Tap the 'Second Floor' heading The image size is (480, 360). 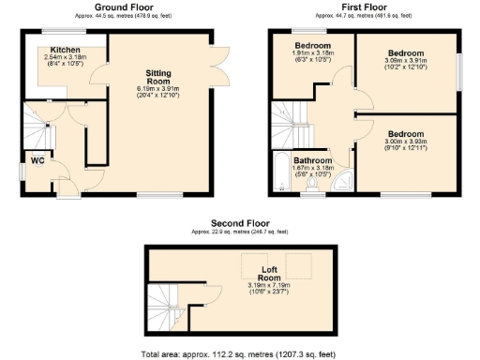240,223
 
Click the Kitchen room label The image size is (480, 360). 65,49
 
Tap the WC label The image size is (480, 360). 37,160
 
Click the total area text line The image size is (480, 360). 240,353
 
